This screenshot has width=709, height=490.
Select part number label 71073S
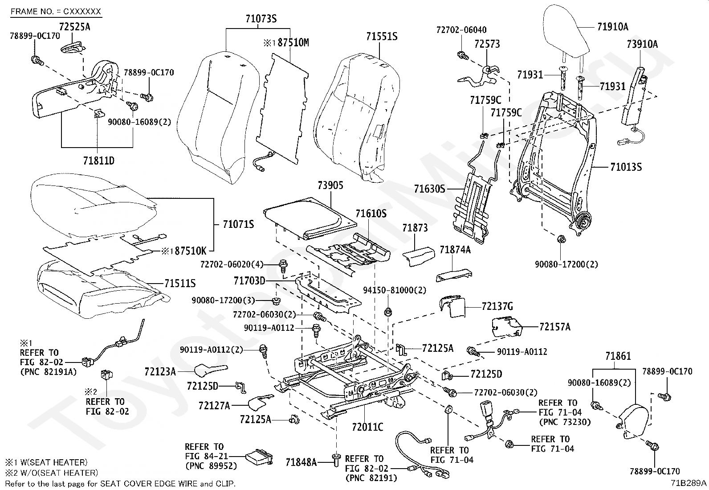coord(261,19)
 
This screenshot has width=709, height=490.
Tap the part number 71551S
coord(382,37)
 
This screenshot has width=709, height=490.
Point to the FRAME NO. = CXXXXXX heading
coord(56,11)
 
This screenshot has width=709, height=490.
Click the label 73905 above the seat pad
coord(330,185)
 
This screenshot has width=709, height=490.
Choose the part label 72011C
coord(367,428)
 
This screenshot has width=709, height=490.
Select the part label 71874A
coord(455,250)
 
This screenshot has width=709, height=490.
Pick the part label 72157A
coord(554,327)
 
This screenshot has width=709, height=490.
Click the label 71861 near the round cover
coord(618,356)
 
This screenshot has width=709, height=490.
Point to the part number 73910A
coord(642,44)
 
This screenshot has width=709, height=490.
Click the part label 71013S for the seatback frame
coord(626,168)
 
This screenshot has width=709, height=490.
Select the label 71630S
coord(429,189)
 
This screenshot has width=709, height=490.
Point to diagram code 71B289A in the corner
coord(689,483)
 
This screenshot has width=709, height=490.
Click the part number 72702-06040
coord(461,30)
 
